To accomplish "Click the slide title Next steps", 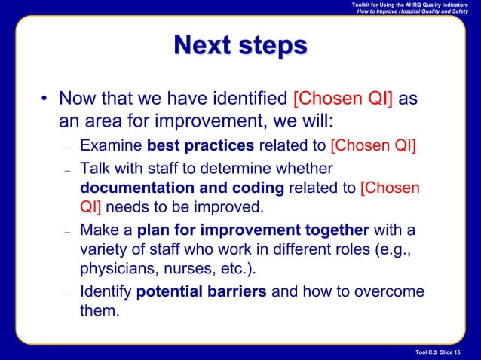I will [x=240, y=46].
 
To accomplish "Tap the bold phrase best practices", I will [x=201, y=145].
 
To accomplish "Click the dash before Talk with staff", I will [x=68, y=167].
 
